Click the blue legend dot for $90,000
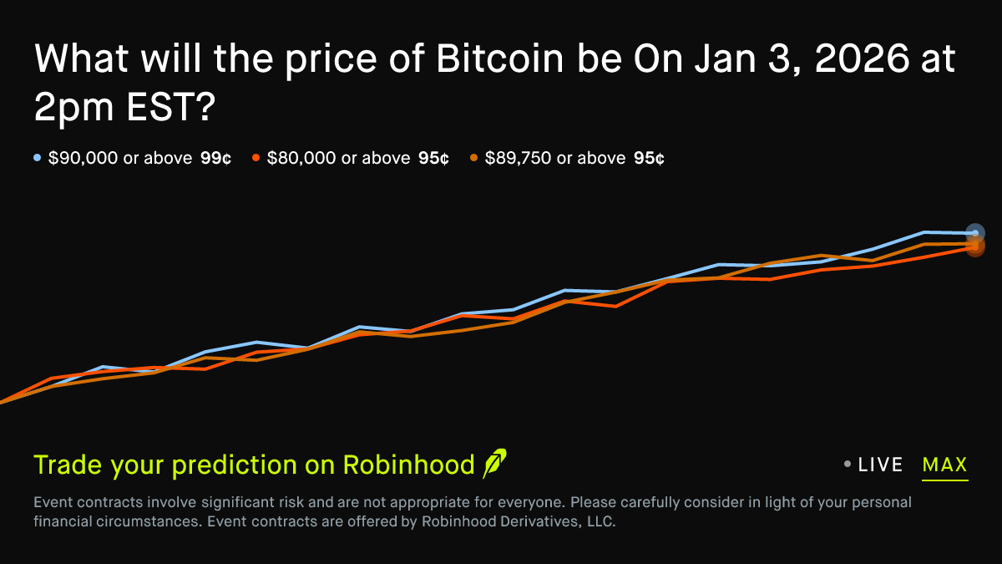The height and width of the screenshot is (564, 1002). tap(38, 157)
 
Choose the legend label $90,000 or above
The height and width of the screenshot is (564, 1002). tap(120, 158)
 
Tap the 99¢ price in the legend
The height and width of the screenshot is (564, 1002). tap(215, 158)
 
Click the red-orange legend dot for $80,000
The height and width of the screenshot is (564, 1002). tap(256, 157)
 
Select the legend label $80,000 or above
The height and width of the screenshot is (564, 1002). tap(338, 158)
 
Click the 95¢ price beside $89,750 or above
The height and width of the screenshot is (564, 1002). tap(649, 158)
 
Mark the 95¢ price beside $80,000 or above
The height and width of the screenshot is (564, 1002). tap(433, 158)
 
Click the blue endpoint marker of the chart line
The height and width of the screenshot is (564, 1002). tap(975, 233)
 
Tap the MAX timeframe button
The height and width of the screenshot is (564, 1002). tap(944, 465)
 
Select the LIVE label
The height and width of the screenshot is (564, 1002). tap(881, 465)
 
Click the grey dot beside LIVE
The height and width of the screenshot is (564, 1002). tap(848, 464)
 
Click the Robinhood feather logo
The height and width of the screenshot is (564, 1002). tap(494, 464)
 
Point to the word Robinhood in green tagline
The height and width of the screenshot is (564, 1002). tap(408, 465)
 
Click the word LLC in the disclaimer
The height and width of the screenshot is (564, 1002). tap(599, 523)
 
